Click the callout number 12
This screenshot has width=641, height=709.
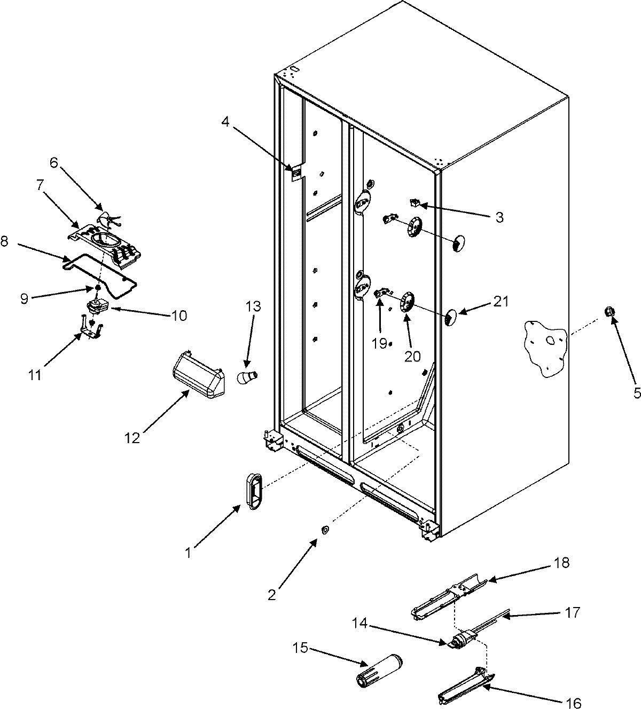pyautogui.click(x=132, y=438)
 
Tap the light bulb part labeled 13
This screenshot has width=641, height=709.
pyautogui.click(x=247, y=377)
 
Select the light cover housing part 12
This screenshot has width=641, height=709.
pyautogui.click(x=197, y=375)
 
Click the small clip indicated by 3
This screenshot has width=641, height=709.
pyautogui.click(x=414, y=202)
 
